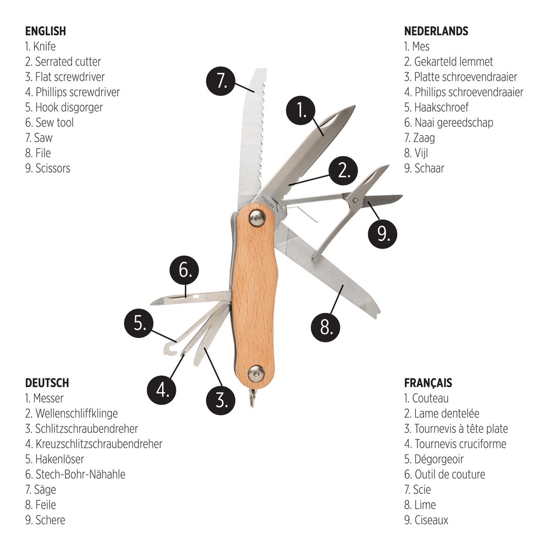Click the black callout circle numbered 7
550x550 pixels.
click(x=221, y=81)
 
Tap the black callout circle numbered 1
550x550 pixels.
click(x=301, y=110)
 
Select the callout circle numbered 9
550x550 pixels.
click(x=382, y=234)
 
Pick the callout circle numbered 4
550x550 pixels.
click(x=161, y=390)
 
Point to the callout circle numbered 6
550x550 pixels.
click(x=184, y=270)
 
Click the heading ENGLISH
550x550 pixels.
click(x=46, y=31)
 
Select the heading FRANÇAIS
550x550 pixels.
click(x=428, y=383)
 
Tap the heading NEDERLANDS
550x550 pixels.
click(x=436, y=31)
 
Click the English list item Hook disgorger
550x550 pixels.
click(x=64, y=107)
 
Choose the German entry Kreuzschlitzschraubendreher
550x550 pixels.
click(x=94, y=444)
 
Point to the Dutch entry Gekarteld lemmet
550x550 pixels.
click(x=448, y=62)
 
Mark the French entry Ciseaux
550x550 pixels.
click(x=426, y=520)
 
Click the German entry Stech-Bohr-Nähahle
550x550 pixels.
click(x=75, y=474)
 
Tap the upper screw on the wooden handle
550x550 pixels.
click(x=257, y=218)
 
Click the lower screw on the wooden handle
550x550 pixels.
click(x=256, y=373)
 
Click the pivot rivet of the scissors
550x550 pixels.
click(x=355, y=201)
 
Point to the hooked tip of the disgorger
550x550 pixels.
click(x=170, y=349)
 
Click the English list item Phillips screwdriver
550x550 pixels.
click(x=73, y=92)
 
